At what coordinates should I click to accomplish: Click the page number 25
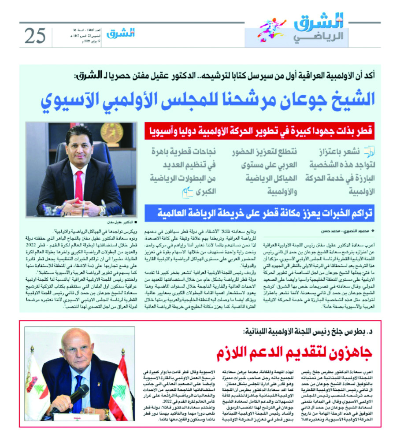(x=35, y=35)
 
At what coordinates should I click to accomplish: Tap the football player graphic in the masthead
(x=271, y=30)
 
